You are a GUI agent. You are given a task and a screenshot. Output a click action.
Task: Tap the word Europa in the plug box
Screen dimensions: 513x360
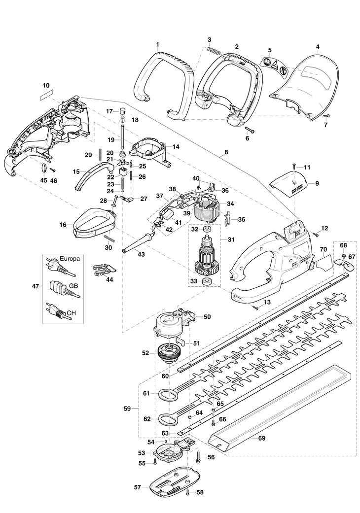70,258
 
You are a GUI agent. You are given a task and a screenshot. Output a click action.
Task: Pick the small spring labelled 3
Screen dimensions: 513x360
213,49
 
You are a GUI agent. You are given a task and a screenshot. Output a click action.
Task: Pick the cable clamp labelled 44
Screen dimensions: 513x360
104,270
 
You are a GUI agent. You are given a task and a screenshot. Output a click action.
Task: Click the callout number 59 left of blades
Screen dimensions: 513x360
127,409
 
